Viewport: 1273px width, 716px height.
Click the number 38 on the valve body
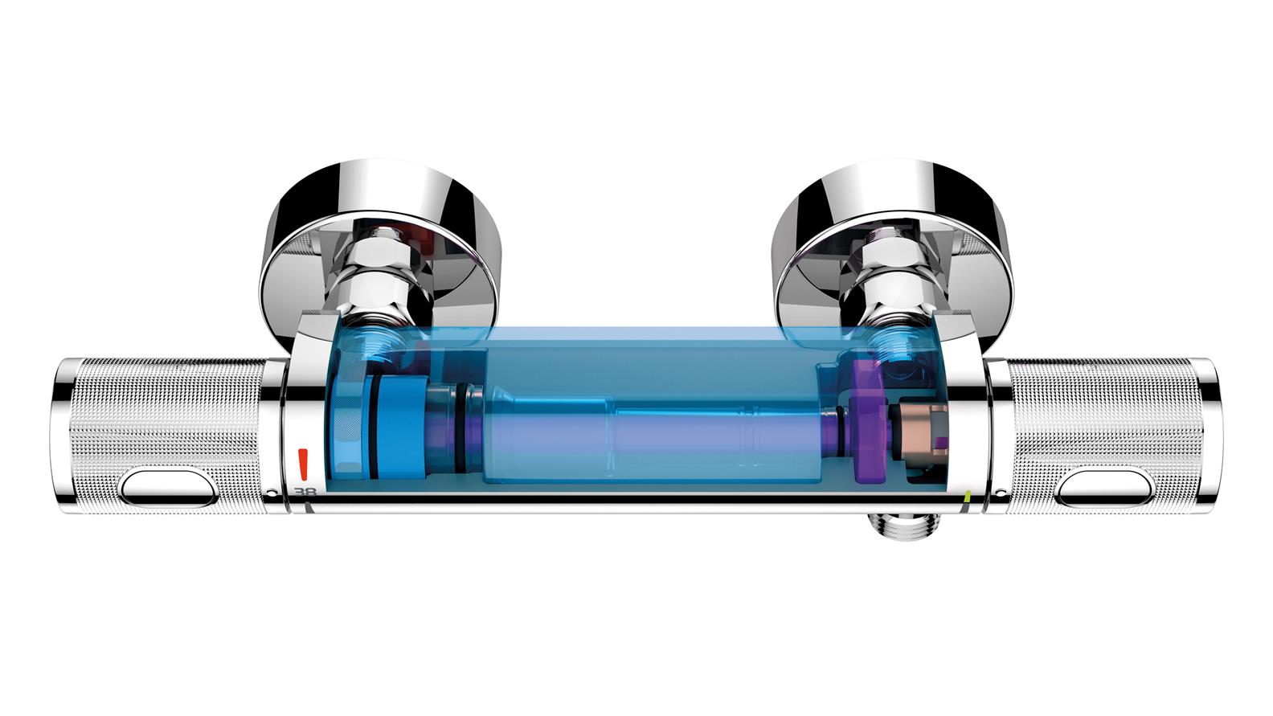click(305, 492)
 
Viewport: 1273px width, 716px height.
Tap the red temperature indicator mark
click(303, 463)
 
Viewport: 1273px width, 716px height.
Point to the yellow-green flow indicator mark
click(968, 496)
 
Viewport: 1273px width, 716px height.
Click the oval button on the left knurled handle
click(169, 487)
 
